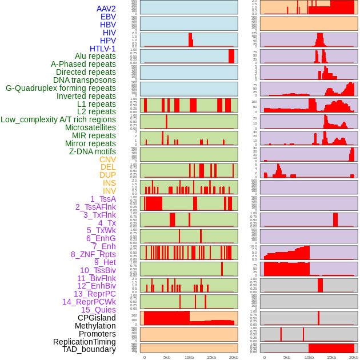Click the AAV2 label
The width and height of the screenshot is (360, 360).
[x=106, y=9]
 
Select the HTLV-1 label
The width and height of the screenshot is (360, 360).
[x=103, y=49]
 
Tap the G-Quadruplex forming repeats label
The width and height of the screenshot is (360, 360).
[x=61, y=88]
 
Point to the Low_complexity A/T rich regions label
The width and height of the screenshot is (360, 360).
[x=58, y=119]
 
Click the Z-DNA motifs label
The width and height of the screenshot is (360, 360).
[x=93, y=151]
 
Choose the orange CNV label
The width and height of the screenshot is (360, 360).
[x=107, y=159]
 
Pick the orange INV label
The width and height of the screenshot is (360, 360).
[x=109, y=191]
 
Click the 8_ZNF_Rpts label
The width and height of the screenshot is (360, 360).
[x=93, y=254]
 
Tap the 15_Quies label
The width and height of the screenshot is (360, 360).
[x=98, y=310]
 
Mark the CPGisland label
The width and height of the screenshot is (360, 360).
[x=97, y=318]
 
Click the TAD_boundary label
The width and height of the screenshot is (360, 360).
[x=89, y=349]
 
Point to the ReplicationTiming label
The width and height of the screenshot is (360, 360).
[x=85, y=342]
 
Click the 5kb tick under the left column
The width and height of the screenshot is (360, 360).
[x=167, y=357]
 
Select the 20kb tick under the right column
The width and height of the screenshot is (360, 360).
[x=354, y=357]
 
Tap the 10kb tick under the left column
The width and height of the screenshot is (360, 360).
[x=189, y=357]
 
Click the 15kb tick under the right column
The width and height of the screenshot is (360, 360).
[x=331, y=357]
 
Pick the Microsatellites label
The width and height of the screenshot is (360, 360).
[x=90, y=127]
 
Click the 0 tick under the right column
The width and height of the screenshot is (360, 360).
[x=264, y=357]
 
